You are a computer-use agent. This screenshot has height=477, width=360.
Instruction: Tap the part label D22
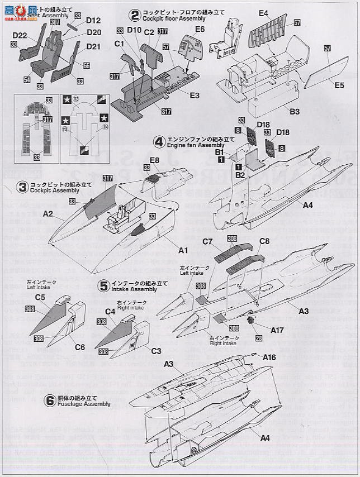[x=20, y=36]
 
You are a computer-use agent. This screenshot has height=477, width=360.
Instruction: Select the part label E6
[x=200, y=29]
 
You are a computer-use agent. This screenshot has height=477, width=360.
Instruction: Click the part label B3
[x=295, y=112]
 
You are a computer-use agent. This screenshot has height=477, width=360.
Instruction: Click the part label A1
[x=182, y=251]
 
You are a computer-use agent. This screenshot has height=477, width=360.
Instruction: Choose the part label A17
[x=278, y=330]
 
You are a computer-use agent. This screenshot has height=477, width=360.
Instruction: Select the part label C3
[x=155, y=350]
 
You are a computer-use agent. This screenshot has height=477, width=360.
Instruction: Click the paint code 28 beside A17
[x=258, y=338]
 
